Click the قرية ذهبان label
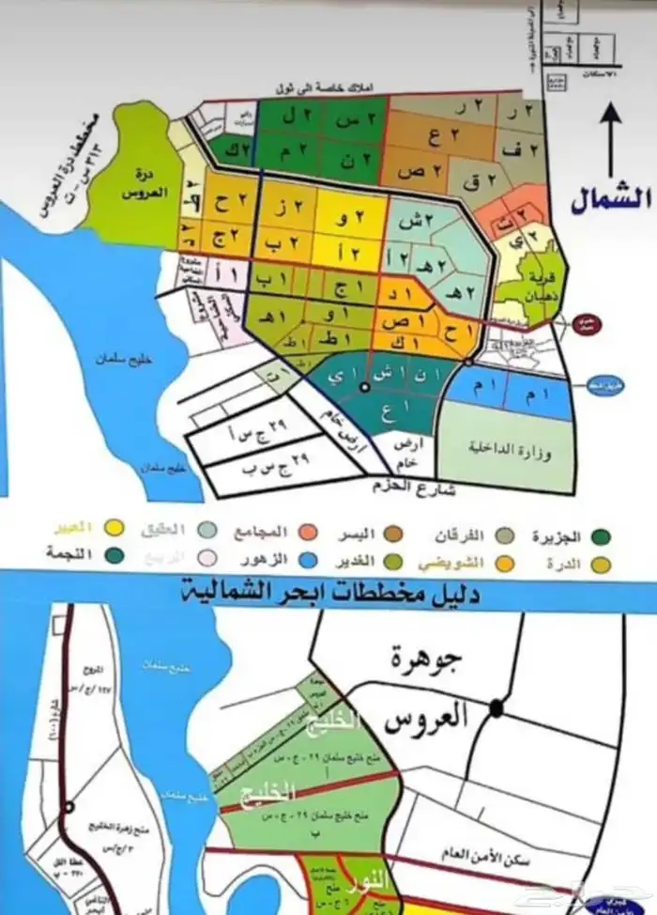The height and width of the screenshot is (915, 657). (x=530, y=283)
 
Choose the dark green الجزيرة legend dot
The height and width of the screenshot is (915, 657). (x=602, y=536)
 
